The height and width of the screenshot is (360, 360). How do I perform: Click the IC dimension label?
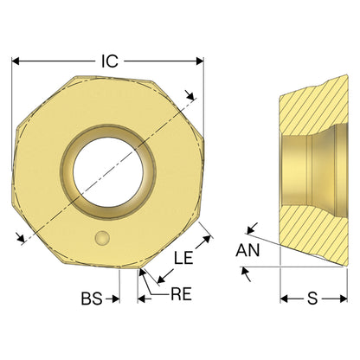coord(110,61)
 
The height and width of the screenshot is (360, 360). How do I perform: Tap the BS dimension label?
coord(92,299)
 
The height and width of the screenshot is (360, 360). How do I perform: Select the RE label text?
coord(181,294)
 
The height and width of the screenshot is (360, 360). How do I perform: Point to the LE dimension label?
coord(183,258)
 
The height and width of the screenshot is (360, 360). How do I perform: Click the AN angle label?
coord(247,250)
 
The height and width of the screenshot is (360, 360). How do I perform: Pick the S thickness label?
coord(312,299)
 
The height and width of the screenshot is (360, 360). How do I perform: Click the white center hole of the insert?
coord(108,172)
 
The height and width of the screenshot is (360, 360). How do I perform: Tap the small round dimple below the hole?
coord(102,238)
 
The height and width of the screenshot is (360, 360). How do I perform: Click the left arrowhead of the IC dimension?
coord(16,61)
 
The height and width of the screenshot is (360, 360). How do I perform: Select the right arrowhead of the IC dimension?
coord(200,61)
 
